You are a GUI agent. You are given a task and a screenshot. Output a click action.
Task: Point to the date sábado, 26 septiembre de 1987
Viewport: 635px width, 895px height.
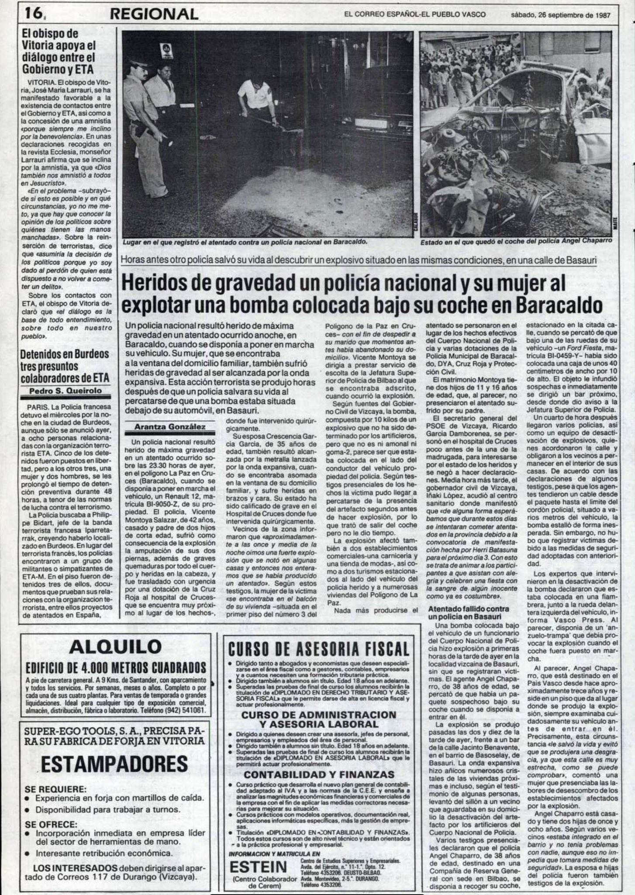coord(560,14)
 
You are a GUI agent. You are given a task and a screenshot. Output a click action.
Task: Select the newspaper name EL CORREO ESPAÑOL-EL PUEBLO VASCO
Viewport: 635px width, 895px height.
coord(414,14)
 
